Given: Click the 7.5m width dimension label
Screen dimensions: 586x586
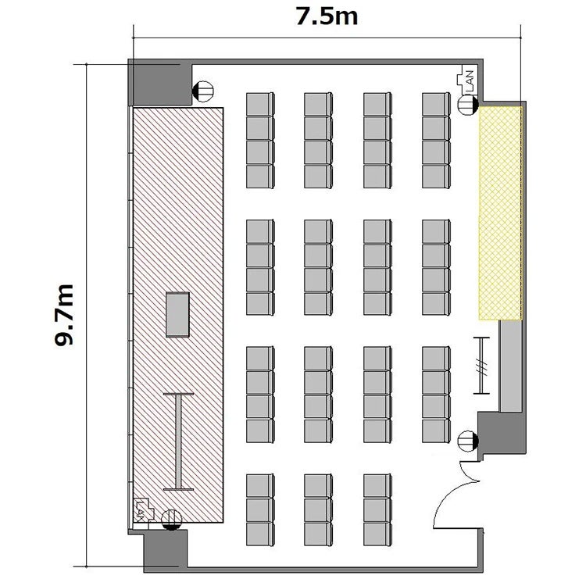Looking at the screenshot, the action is tap(327, 17).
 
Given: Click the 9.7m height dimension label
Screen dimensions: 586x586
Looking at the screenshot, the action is tap(64, 315).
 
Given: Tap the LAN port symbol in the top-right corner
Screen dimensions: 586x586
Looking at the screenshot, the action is tap(466, 80).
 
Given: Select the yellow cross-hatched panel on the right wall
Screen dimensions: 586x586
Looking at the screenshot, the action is tap(500, 213).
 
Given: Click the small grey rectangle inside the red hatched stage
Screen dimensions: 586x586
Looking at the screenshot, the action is tap(177, 315).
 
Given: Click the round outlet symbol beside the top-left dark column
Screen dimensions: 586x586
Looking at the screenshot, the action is tap(203, 91).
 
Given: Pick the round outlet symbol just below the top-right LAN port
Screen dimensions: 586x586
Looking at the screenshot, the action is tap(468, 105).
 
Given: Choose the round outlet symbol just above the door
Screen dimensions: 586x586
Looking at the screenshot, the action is tap(468, 441).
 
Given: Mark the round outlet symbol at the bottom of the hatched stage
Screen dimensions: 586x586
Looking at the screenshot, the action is tap(172, 520).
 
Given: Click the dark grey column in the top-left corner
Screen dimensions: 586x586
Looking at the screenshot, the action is tap(160, 83).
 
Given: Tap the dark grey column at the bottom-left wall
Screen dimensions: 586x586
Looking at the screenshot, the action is tap(165, 550).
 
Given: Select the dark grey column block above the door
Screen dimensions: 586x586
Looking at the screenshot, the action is tap(501, 433).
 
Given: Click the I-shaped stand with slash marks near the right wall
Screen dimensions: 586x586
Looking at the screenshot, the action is tap(481, 366).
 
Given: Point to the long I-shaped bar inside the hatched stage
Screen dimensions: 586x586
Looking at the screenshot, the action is tap(179, 441).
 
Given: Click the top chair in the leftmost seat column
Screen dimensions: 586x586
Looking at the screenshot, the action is tap(260, 105).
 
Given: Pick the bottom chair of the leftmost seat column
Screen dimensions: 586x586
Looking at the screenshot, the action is tap(260, 534).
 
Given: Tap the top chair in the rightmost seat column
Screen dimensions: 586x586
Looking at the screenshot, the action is tap(436, 105).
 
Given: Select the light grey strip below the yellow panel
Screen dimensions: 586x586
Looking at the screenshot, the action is tap(511, 366).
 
